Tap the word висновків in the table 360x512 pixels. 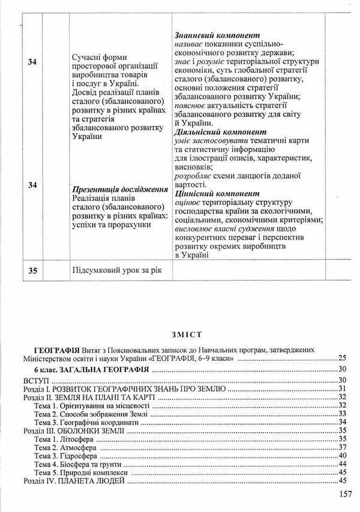point(194,167)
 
